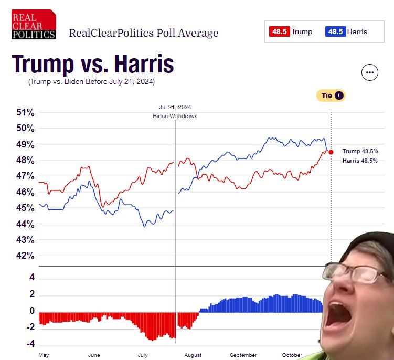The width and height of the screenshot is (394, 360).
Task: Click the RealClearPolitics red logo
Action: (34, 24)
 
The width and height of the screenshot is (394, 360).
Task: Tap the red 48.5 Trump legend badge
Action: (280, 31)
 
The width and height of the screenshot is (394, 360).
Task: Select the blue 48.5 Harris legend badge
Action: (335, 31)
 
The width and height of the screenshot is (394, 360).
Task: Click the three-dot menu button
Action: (370, 73)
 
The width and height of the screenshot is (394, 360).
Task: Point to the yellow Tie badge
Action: (331, 96)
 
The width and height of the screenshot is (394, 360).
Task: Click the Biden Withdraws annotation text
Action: (175, 116)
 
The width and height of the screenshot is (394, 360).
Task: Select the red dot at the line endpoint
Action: (331, 152)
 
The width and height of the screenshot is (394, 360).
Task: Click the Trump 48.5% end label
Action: (359, 151)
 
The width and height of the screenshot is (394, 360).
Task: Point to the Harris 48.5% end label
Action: (359, 161)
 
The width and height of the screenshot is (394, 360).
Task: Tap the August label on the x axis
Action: (193, 355)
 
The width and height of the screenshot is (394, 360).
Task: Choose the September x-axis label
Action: (243, 355)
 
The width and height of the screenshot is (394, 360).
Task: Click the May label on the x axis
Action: (44, 355)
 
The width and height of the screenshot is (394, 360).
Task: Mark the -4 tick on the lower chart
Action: (31, 344)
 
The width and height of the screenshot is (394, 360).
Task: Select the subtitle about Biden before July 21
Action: (92, 82)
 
